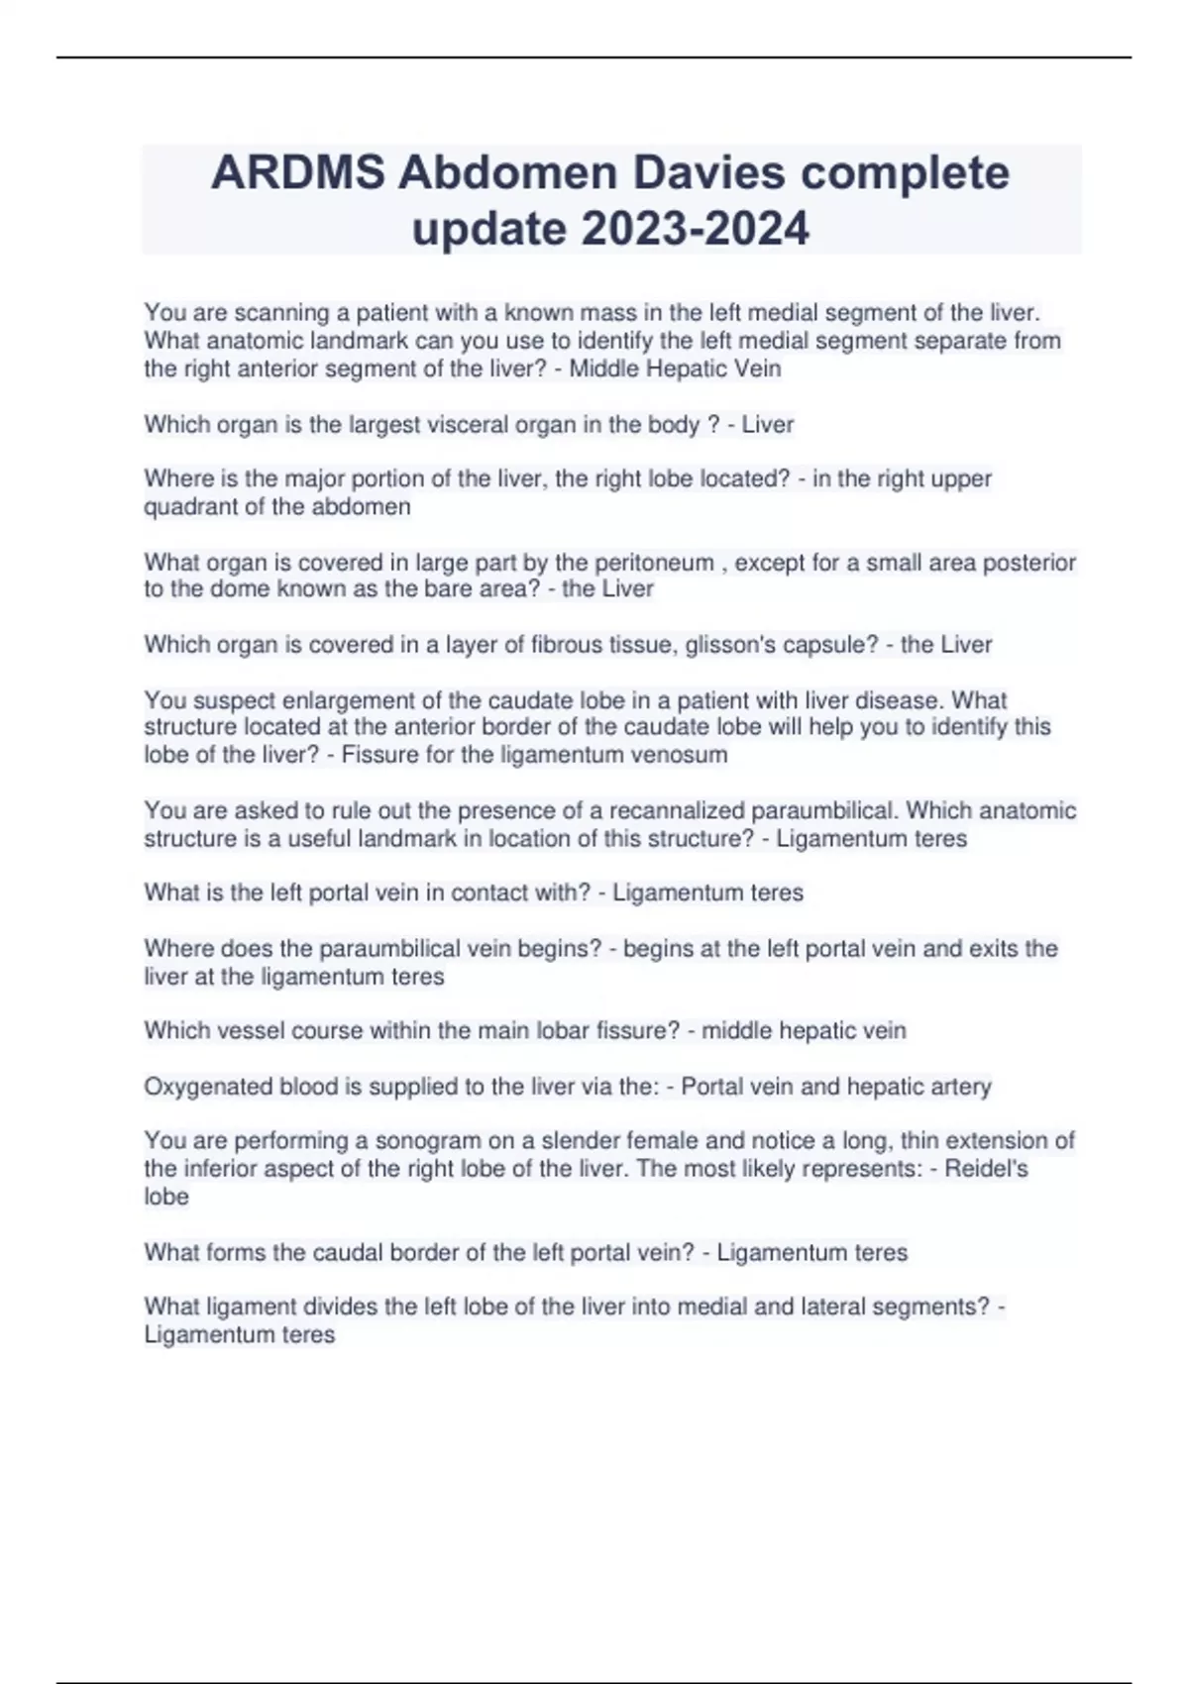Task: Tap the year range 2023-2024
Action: [695, 229]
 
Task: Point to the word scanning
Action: [281, 313]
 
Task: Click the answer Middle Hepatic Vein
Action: [675, 369]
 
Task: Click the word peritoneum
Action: [654, 563]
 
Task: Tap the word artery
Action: [955, 1087]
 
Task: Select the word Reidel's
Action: [986, 1169]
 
